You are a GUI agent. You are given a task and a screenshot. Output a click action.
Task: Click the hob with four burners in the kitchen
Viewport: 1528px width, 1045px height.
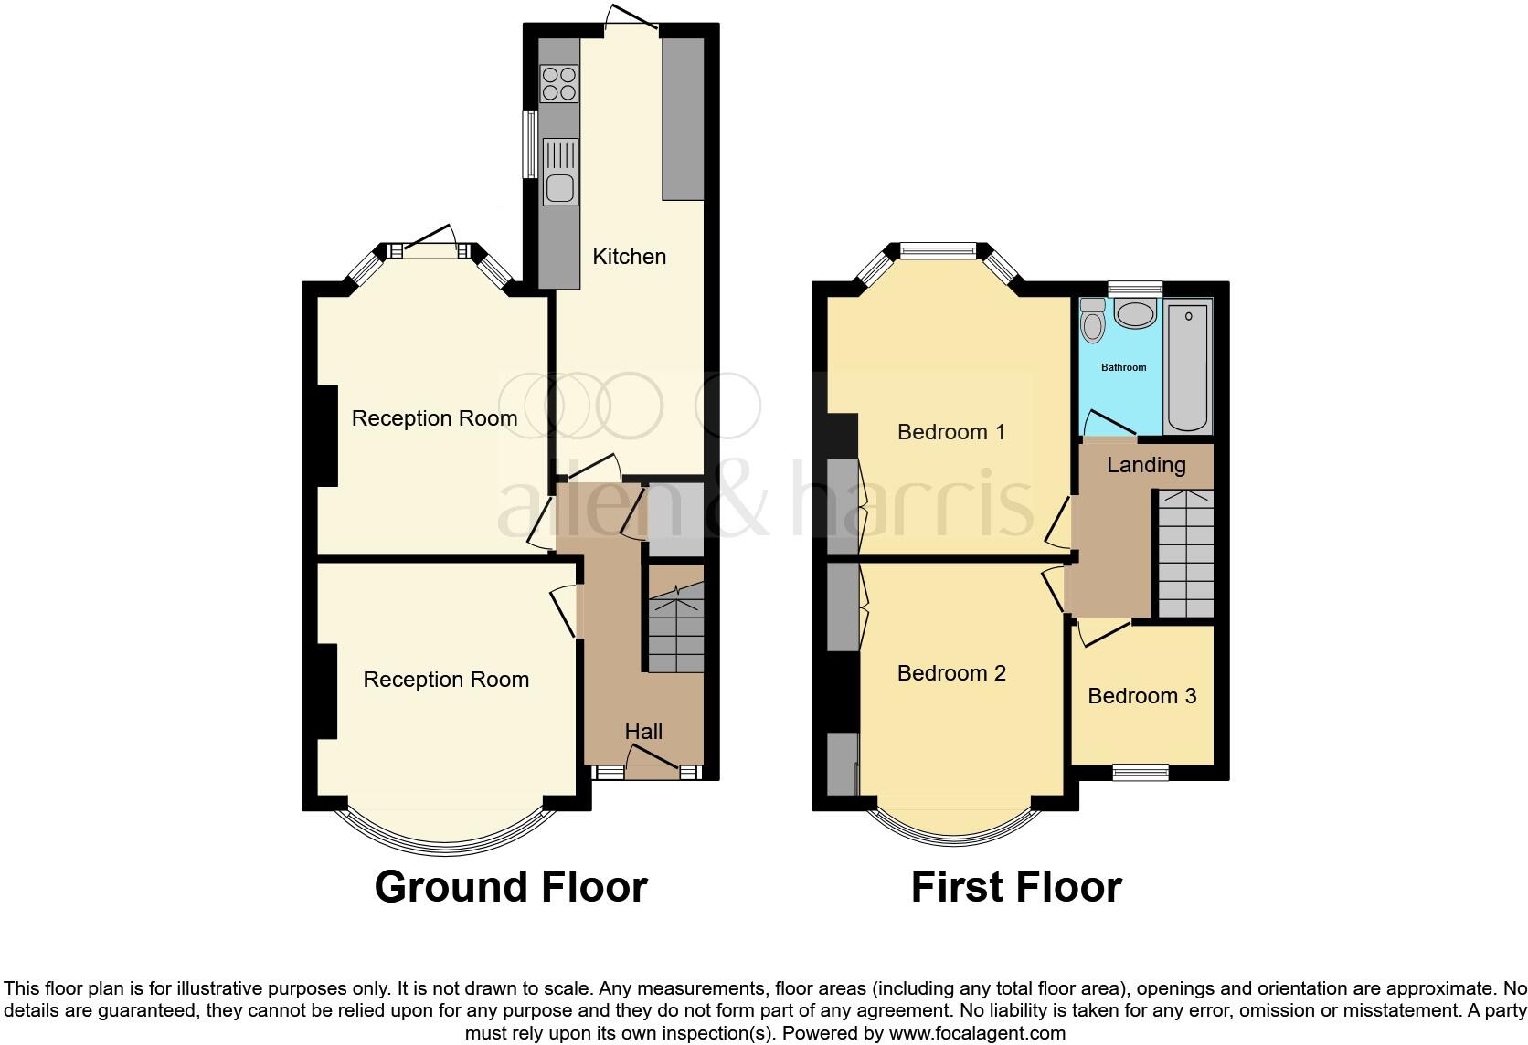pos(559,83)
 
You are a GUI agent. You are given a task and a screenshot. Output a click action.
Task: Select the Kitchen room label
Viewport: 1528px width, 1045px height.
pos(629,257)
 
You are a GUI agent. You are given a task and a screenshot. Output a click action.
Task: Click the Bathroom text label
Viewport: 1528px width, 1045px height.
pos(1123,367)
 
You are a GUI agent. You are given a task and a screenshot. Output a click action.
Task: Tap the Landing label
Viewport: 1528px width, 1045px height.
pos(1146,465)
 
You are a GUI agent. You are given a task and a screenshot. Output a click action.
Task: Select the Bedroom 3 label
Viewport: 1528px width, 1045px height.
pos(1141,696)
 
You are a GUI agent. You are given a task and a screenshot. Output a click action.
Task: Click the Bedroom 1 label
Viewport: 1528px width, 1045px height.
pos(951,432)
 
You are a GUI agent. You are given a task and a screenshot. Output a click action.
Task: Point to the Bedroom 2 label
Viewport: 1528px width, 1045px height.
pos(951,673)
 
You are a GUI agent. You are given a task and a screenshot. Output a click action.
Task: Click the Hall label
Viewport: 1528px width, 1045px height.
pos(643,732)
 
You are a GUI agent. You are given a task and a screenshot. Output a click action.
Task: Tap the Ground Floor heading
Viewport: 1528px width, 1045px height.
pos(511,887)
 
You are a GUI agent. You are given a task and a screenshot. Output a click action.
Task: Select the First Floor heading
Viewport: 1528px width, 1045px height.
pos(1016,887)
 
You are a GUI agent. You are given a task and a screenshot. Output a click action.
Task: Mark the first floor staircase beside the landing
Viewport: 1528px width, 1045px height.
pos(1186,554)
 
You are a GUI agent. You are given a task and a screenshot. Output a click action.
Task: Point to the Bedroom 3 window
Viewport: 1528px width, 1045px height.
pos(1141,773)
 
